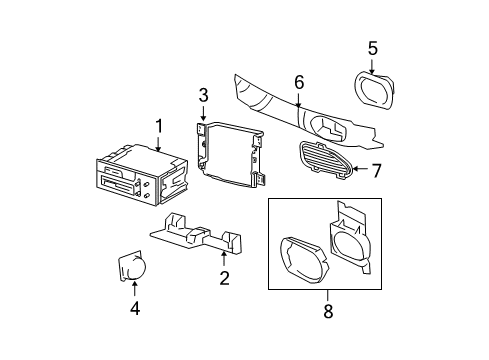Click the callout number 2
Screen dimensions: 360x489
point(224,277)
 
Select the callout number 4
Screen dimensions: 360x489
point(134,309)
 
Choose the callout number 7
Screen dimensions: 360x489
point(376,171)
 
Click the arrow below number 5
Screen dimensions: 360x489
point(372,65)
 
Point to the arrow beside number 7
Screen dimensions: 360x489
point(359,171)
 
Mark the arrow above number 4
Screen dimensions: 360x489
point(134,289)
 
